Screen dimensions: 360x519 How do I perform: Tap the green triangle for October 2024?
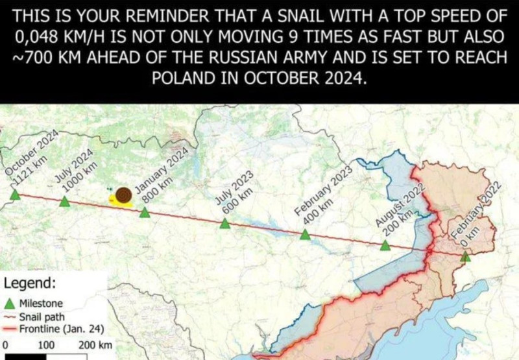15,194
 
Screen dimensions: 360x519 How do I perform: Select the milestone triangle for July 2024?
64,202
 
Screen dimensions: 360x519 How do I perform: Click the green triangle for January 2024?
145,212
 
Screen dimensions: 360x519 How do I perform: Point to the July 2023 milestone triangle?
224,224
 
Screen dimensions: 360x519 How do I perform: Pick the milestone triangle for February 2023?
305,235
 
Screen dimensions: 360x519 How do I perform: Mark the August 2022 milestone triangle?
385,245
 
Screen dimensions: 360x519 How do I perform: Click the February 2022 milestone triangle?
465,257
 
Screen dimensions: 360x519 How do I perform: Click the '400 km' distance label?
319,211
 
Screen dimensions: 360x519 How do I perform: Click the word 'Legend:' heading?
29,283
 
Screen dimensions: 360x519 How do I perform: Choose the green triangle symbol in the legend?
10,303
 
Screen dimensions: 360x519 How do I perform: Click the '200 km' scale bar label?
95,344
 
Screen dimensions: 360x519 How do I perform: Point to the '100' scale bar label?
45,344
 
